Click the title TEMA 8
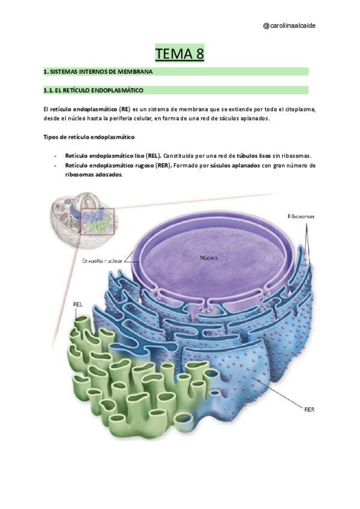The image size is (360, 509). [x=180, y=53]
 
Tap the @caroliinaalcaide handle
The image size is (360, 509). [x=290, y=25]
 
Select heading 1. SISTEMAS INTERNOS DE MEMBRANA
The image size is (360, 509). [x=98, y=72]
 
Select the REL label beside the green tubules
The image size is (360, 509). [x=77, y=303]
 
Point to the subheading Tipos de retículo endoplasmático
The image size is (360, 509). [x=89, y=137]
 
